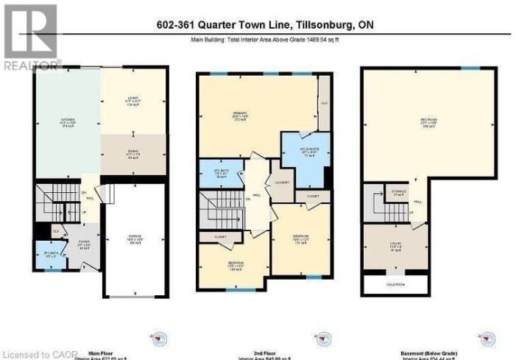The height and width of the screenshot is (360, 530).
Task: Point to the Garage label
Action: (133, 239)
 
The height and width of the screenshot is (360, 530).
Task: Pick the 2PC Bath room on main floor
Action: (49, 256)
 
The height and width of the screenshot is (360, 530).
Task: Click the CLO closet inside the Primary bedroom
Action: (325, 103)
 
